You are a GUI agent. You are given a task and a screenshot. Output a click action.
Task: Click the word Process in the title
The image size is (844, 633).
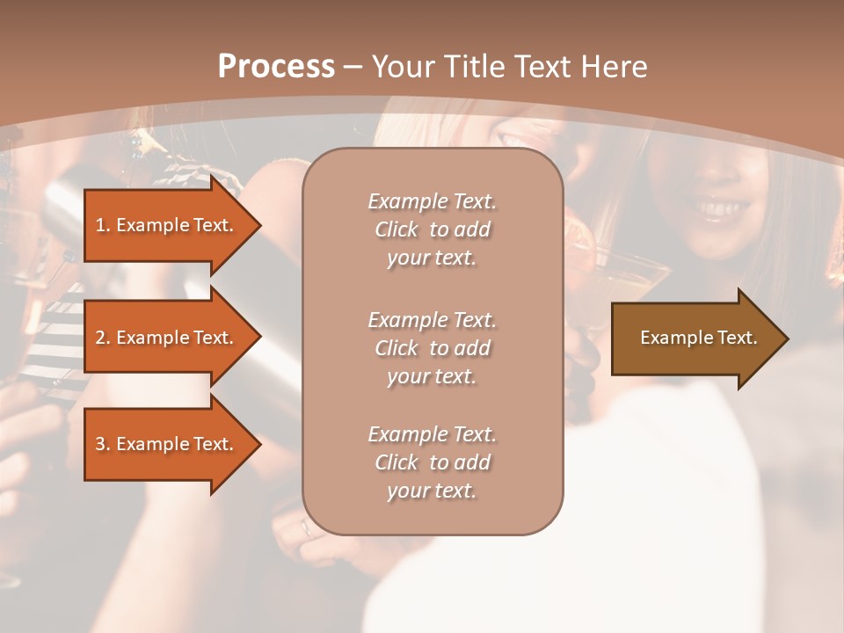pos(276,67)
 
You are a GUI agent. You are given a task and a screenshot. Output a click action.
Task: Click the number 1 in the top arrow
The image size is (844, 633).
pos(100,225)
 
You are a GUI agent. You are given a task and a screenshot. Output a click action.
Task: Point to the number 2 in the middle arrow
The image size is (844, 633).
pos(100,338)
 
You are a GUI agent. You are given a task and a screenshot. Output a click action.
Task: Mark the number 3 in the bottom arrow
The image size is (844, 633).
pos(100,444)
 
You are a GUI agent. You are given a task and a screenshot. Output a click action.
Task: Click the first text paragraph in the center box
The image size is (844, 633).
pos(432,229)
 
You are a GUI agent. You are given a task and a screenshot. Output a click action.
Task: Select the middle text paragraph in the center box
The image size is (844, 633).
pos(432,348)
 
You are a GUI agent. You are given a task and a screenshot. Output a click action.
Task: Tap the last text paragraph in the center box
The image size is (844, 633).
pos(432,462)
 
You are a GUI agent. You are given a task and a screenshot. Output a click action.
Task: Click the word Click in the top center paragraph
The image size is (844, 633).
pos(397,229)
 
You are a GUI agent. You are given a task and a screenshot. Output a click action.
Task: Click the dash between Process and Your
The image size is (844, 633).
pos(353,67)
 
